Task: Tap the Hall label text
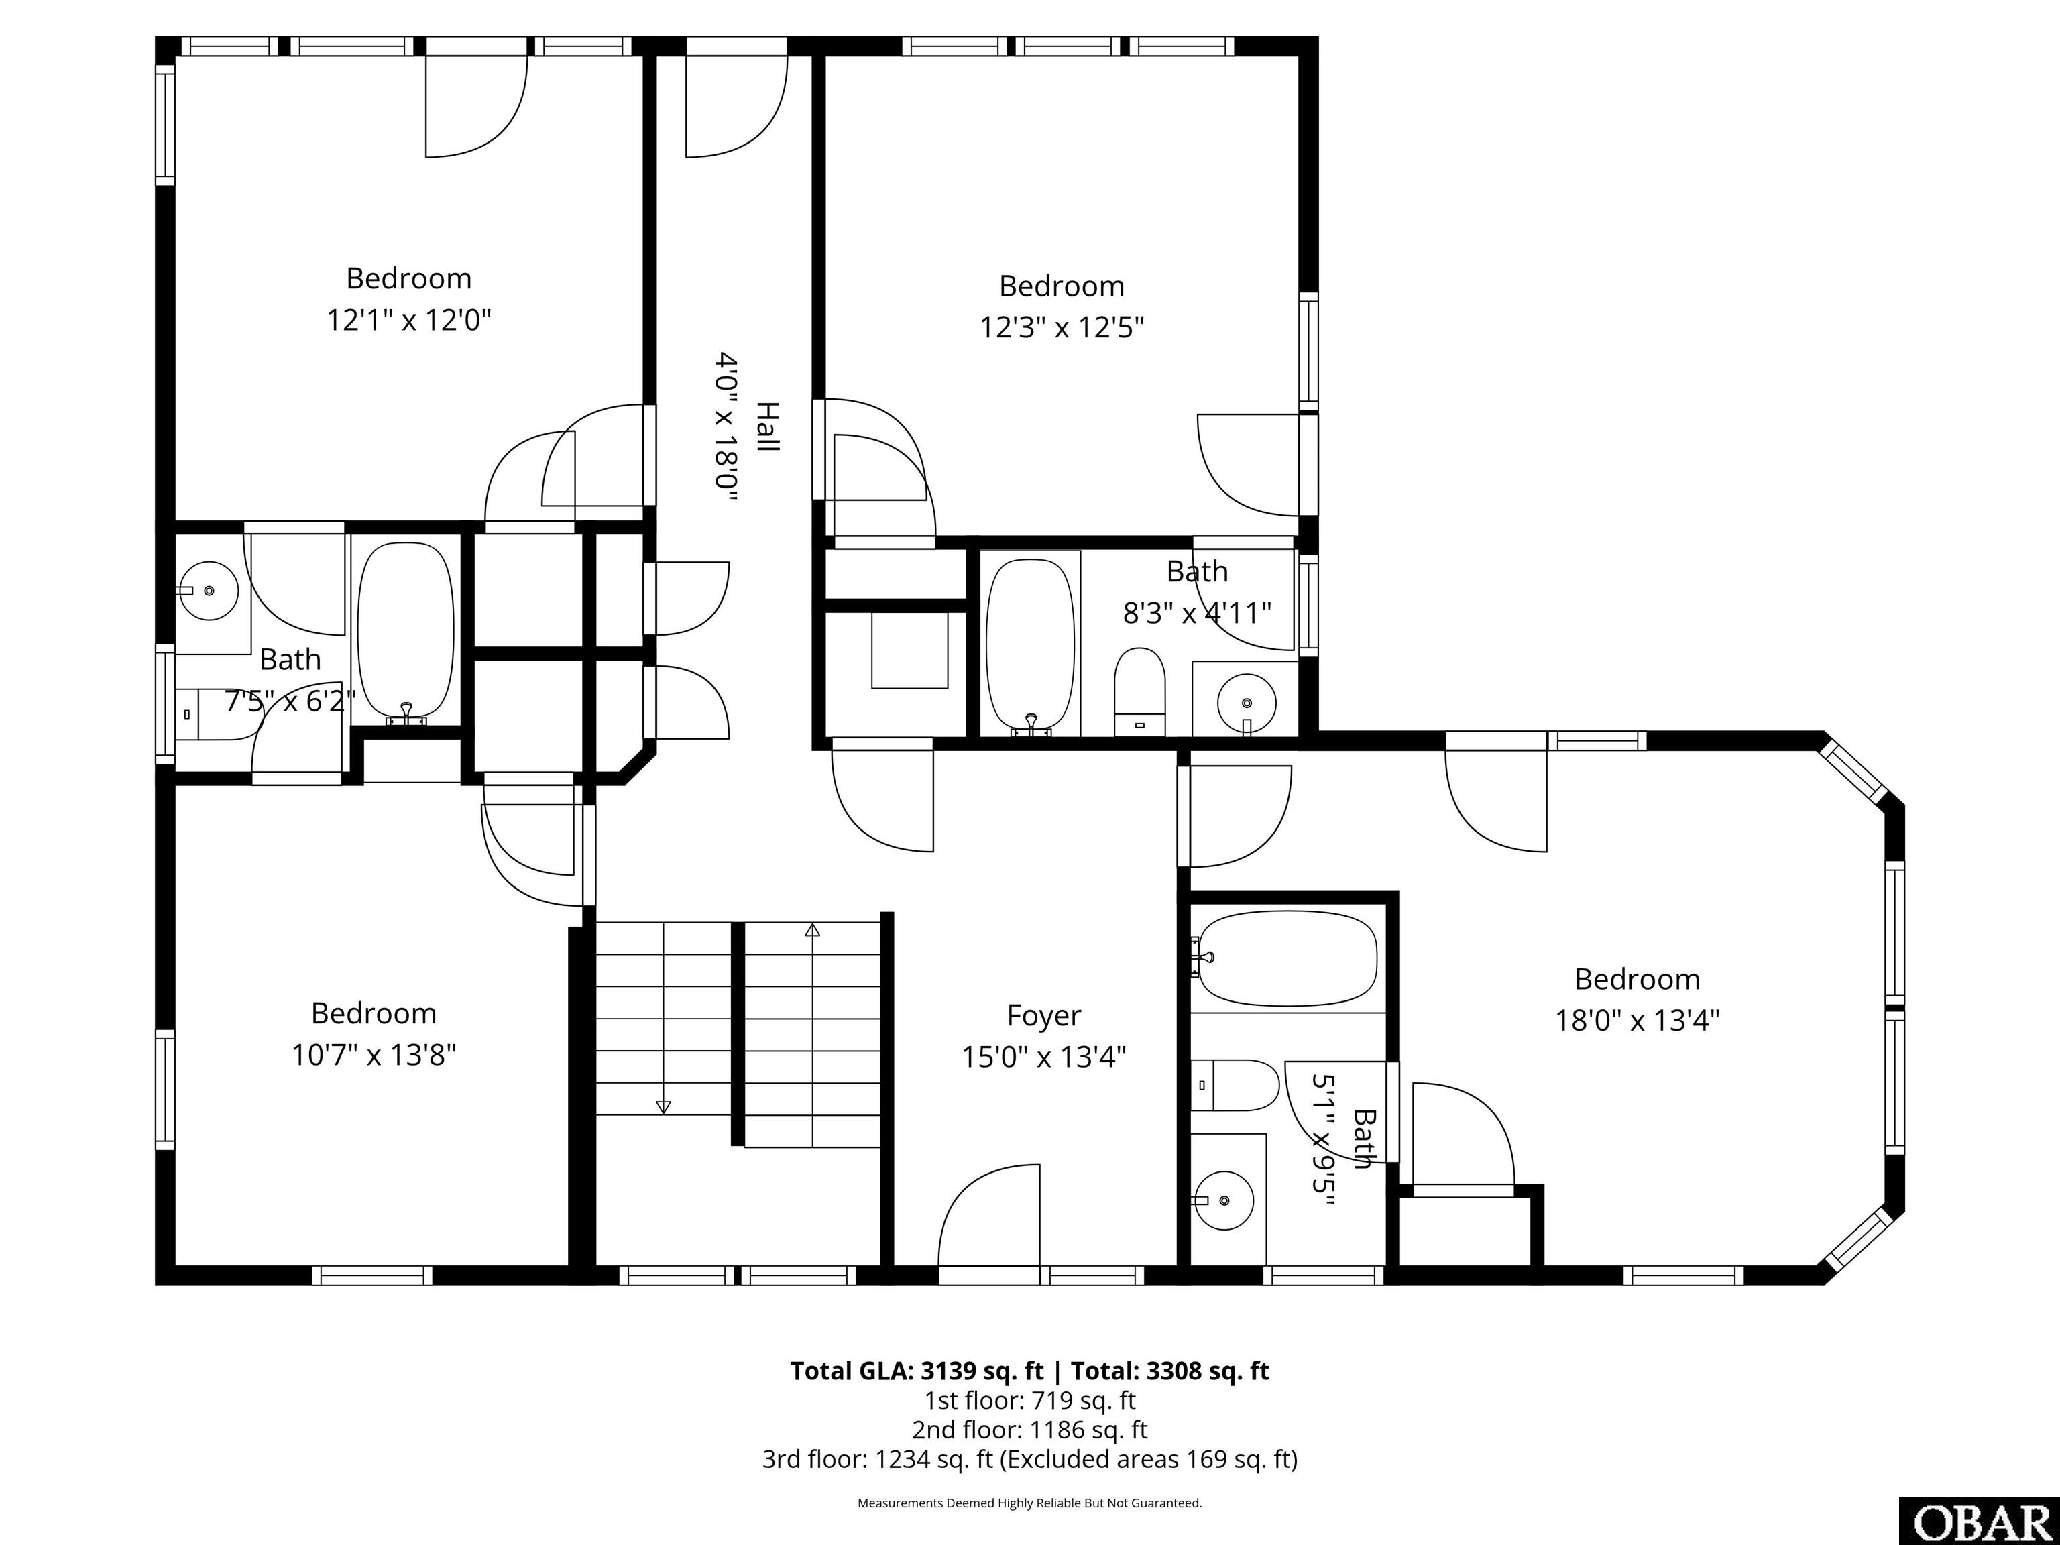point(766,427)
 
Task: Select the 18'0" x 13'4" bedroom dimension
point(1637,1021)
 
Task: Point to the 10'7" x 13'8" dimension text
point(374,1055)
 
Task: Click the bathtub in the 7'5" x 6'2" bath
point(406,632)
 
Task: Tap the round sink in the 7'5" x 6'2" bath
point(209,590)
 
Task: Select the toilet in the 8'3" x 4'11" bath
point(1140,690)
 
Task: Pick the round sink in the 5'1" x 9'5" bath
point(1224,1200)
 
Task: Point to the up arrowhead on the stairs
point(812,929)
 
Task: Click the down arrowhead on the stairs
point(663,1107)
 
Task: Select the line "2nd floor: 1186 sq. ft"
point(1030,1430)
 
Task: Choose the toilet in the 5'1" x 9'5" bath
point(1236,1085)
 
